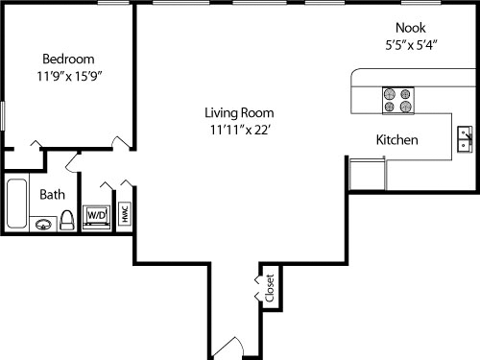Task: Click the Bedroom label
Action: (x=68, y=60)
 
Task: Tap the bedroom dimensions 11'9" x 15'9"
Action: (x=69, y=76)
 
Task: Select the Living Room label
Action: (x=239, y=113)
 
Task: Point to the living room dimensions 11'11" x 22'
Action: (x=240, y=130)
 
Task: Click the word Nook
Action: (x=411, y=28)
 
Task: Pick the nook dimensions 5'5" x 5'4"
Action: (x=411, y=45)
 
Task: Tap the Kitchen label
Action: (x=396, y=140)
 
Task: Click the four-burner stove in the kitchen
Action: (x=398, y=101)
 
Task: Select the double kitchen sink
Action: (x=465, y=139)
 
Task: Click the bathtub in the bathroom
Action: (x=16, y=204)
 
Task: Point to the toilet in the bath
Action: (x=67, y=220)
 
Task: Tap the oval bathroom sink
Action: (x=43, y=225)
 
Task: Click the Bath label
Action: (x=52, y=195)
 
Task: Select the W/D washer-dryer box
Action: (x=97, y=217)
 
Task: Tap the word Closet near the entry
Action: (x=270, y=288)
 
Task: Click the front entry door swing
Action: (x=228, y=348)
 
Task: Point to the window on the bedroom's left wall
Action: (x=3, y=116)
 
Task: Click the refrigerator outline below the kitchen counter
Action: (x=368, y=175)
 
